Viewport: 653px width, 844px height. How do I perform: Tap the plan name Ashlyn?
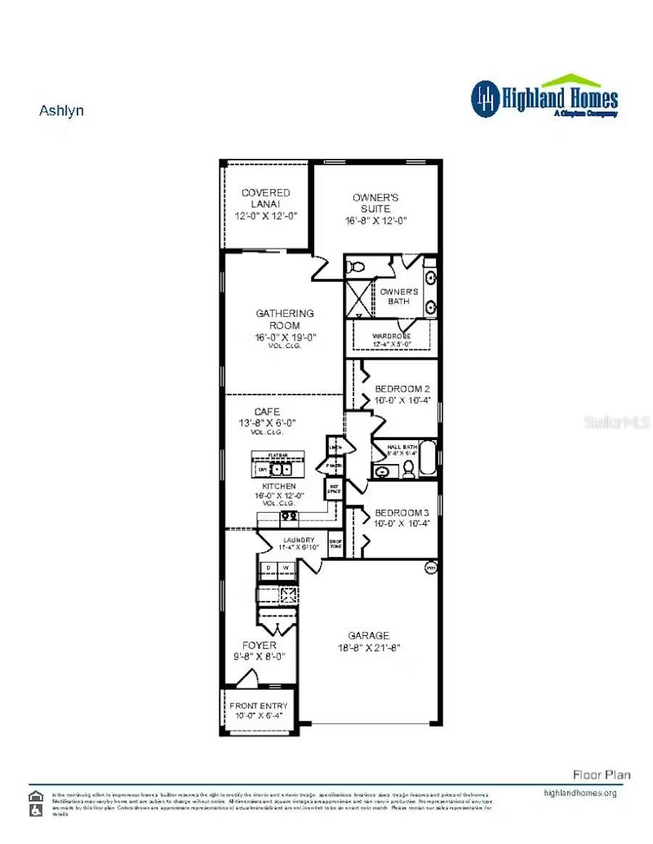point(61,111)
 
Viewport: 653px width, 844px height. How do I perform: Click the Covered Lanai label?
point(266,198)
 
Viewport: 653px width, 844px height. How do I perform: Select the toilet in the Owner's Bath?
point(356,267)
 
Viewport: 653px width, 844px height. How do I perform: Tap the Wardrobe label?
point(392,336)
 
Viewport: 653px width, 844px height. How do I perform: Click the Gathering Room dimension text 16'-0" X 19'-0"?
point(285,337)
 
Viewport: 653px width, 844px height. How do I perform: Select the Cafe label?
point(266,412)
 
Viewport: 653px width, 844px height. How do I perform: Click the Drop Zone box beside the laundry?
point(335,545)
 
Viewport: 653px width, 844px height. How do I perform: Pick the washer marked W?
point(287,567)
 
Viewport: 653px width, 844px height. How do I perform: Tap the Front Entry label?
point(258,706)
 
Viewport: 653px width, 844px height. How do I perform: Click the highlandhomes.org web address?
point(580,793)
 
